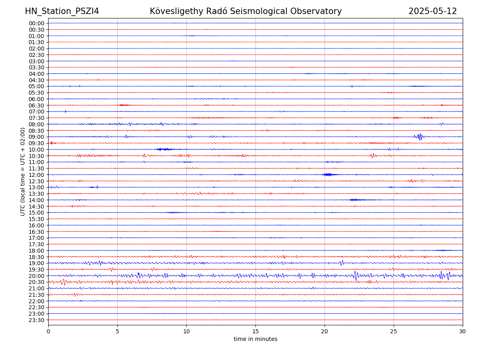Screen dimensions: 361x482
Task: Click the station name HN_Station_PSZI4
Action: (62, 11)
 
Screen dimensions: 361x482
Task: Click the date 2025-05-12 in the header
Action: (433, 11)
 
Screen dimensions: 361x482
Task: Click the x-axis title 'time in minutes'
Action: (255, 339)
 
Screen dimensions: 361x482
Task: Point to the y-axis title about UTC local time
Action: (23, 172)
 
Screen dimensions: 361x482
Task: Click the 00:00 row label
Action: (37, 23)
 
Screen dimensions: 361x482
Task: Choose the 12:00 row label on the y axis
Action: (37, 175)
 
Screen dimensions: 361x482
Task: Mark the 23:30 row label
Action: (37, 320)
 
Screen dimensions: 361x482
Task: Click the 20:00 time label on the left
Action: (37, 276)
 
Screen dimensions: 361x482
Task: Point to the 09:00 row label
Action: (37, 137)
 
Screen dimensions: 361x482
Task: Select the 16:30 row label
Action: (37, 232)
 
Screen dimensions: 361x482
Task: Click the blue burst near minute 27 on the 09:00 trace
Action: (419, 137)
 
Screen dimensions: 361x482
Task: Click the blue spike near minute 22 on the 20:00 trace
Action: (355, 276)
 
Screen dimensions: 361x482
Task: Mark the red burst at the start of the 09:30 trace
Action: (51, 143)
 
